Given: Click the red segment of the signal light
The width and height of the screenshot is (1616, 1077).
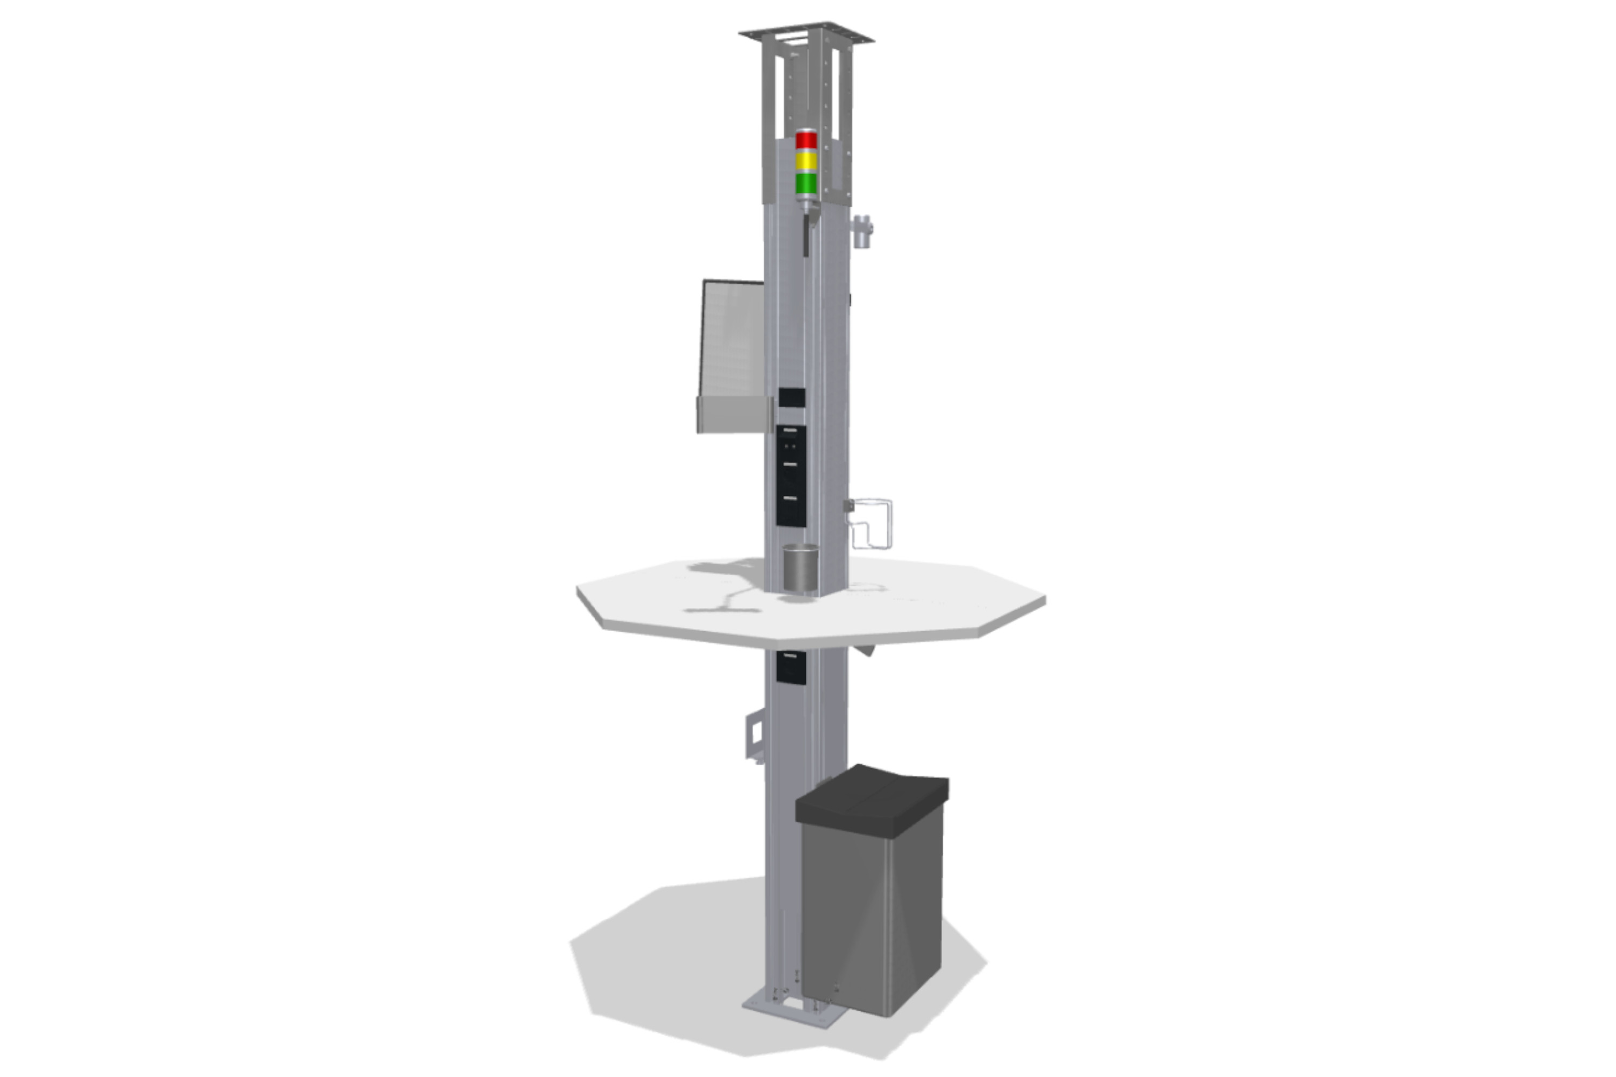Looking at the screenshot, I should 806,140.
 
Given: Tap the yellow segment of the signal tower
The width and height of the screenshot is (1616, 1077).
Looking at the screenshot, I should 806,162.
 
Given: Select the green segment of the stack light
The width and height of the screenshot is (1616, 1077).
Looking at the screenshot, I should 806,184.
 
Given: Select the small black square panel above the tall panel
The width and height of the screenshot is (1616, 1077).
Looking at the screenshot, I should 791,397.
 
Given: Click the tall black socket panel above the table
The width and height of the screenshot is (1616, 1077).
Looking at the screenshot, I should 791,475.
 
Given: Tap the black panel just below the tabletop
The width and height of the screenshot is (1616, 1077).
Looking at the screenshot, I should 791,666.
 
